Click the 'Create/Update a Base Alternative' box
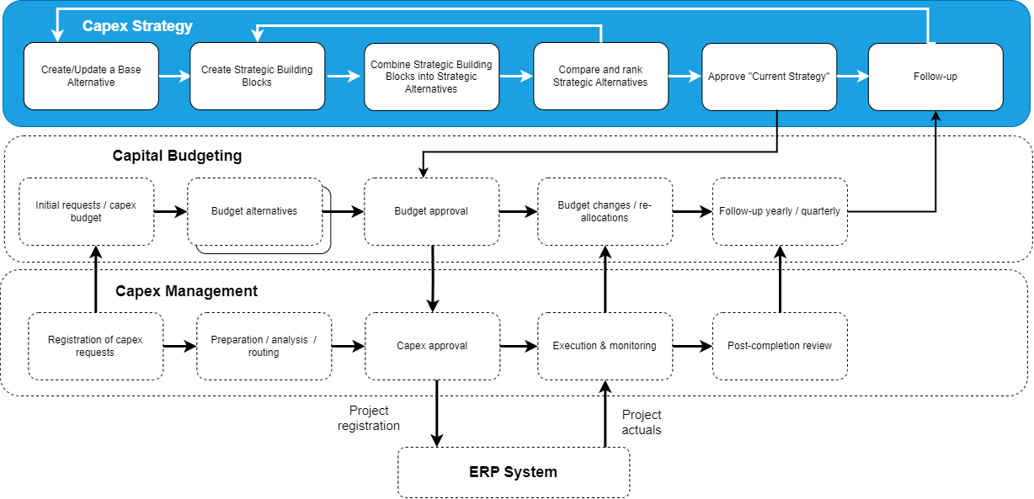[x=91, y=77]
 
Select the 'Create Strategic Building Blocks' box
[x=257, y=77]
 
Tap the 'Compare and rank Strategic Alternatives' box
[x=600, y=77]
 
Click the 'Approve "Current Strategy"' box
[x=769, y=77]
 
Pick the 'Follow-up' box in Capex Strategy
[x=935, y=77]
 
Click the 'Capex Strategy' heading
[x=137, y=26]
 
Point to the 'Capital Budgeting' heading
[x=177, y=156]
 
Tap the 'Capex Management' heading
[x=186, y=291]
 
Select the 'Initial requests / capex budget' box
[x=87, y=211]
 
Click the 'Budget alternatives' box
[x=254, y=211]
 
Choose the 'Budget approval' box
[x=431, y=211]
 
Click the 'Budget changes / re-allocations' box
[x=605, y=211]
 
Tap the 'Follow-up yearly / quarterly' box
[x=780, y=211]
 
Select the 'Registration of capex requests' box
[x=95, y=346]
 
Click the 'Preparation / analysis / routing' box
[x=264, y=346]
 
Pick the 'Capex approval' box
[x=432, y=346]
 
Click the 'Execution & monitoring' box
[x=605, y=346]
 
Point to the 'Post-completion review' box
[x=780, y=346]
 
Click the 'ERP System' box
[x=513, y=472]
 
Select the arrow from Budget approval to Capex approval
[x=432, y=278]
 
